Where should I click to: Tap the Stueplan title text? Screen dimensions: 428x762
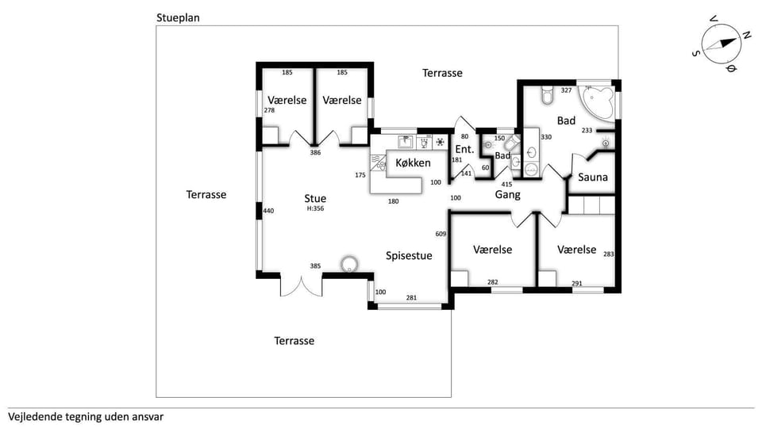click(178, 17)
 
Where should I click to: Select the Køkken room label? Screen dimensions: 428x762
click(413, 163)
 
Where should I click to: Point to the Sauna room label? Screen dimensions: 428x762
click(592, 177)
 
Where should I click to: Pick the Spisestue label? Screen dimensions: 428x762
click(409, 255)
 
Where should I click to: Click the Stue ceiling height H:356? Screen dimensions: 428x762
click(315, 209)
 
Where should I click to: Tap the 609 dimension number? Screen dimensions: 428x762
click(441, 234)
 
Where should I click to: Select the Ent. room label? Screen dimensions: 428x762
click(464, 149)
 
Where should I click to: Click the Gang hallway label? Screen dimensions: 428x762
click(508, 194)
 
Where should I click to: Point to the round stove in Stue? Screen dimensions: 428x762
click(348, 265)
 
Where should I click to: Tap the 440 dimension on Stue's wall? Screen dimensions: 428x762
click(268, 211)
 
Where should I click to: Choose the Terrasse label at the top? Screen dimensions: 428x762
click(442, 73)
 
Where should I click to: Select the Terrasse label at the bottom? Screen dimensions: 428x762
click(294, 341)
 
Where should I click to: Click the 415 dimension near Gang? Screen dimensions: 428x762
click(507, 184)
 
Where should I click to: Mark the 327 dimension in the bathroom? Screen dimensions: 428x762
click(566, 90)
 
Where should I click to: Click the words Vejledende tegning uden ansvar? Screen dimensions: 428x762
click(86, 416)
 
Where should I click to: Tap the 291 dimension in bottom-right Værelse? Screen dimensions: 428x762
click(577, 283)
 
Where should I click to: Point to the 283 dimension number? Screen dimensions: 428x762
click(609, 254)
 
